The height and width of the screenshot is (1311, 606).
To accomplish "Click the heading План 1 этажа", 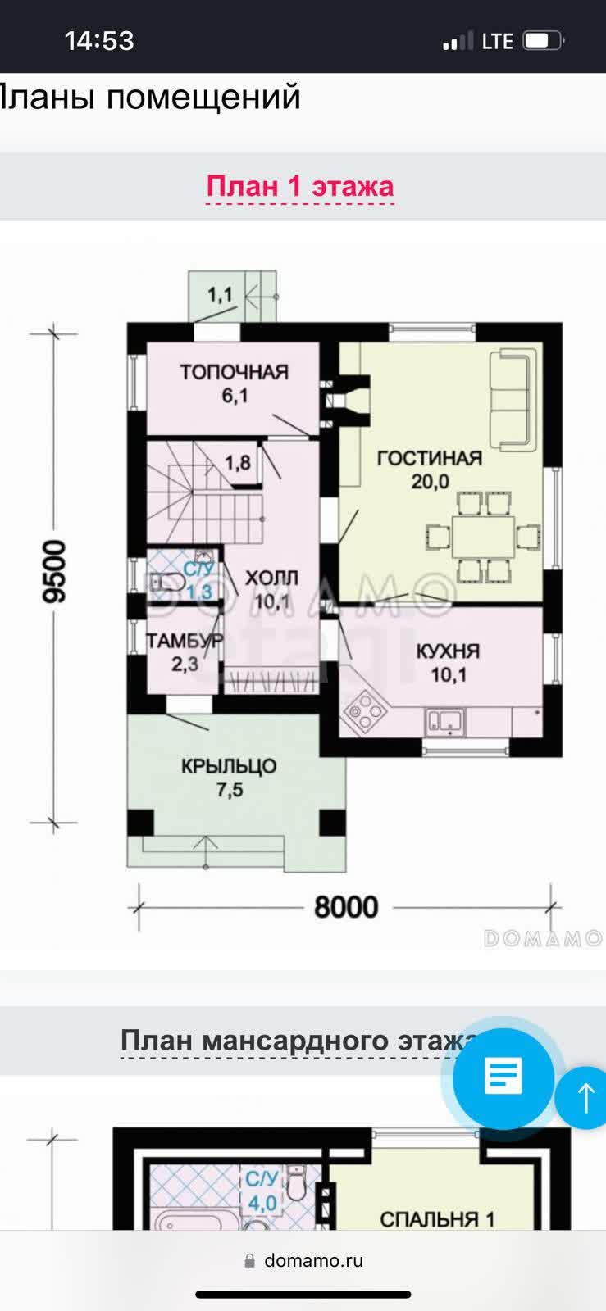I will coord(299,186).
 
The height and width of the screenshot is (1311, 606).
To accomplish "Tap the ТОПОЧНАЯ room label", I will coord(234,373).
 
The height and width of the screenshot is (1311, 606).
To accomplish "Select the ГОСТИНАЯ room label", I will coord(429,458).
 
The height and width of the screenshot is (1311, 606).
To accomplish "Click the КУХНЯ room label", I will coord(448,652).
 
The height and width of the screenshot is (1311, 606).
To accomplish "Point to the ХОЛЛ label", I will coord(271,578).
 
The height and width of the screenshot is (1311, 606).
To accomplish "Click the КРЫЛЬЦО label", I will coord(229,767).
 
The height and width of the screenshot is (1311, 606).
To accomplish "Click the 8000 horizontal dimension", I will coord(346,907).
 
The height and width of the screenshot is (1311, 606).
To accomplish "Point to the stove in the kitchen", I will coord(364,712).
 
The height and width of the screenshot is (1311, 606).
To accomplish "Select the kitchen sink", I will coord(444,721).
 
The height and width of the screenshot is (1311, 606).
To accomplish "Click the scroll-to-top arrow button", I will coord(585,1097).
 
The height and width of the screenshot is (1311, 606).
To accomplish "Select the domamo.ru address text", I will coord(313,1260).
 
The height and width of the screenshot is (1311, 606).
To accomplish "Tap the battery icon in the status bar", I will coord(542,40).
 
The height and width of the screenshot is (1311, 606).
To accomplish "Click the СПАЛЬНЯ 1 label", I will coord(437,1219).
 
